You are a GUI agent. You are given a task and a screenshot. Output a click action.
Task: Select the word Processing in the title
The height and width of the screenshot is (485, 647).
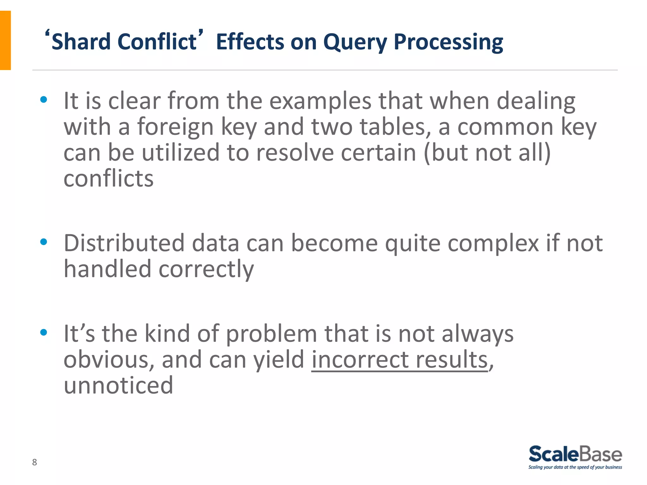coord(448,42)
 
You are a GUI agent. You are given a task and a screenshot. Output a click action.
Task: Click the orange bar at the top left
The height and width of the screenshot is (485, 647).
coord(5,40)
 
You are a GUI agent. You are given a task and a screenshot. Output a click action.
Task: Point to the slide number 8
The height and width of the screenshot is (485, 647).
coord(34,462)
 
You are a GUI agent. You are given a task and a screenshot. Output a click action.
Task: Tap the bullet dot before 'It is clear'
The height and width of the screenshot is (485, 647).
coord(44,100)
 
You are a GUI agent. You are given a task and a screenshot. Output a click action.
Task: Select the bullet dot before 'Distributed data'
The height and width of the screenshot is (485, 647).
coord(44,242)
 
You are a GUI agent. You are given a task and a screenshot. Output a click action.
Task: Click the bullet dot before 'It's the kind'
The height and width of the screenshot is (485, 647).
coord(44,332)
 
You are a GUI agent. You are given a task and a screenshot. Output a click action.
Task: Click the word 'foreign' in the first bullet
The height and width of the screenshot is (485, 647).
coord(175,127)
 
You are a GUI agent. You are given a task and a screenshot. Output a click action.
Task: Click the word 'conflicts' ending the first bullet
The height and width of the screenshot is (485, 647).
coord(108,179)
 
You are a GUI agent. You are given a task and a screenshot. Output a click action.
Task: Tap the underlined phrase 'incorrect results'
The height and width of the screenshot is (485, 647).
coord(400,360)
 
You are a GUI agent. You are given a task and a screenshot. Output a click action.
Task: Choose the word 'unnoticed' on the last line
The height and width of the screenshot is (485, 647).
coord(118,386)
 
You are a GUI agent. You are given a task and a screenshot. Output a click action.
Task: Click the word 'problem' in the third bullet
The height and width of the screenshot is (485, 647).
coord(271,334)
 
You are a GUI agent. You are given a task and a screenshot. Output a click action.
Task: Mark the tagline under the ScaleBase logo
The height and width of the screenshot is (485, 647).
coord(575,467)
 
